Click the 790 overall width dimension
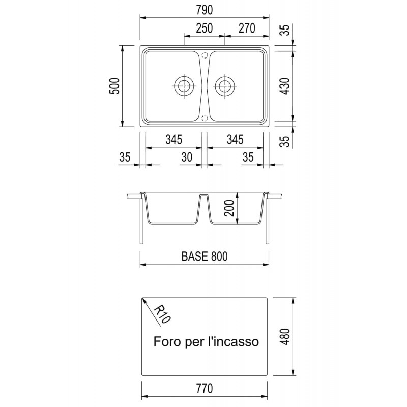205,10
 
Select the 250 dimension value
205,28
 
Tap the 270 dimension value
247,28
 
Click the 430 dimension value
285,86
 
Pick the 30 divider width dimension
187,157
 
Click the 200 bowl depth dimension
229,208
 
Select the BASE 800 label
205,256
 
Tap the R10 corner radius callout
162,314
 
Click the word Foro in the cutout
167,341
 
